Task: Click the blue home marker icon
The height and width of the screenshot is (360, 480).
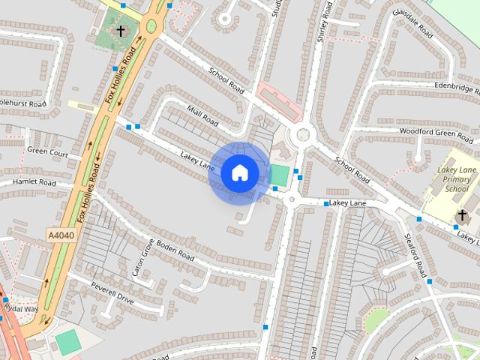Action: (239, 172)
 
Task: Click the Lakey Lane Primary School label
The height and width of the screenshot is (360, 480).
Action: (457, 180)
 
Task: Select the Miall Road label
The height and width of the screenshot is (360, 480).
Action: (203, 115)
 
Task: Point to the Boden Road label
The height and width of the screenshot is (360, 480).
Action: (175, 253)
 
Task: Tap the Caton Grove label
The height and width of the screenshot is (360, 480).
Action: (142, 258)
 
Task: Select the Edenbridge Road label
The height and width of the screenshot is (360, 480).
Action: (442, 86)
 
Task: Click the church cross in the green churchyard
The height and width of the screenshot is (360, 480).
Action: (121, 31)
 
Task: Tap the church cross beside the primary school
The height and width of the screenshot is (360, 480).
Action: (462, 217)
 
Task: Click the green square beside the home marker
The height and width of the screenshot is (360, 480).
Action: (279, 175)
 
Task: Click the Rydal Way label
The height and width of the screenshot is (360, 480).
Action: (20, 308)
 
